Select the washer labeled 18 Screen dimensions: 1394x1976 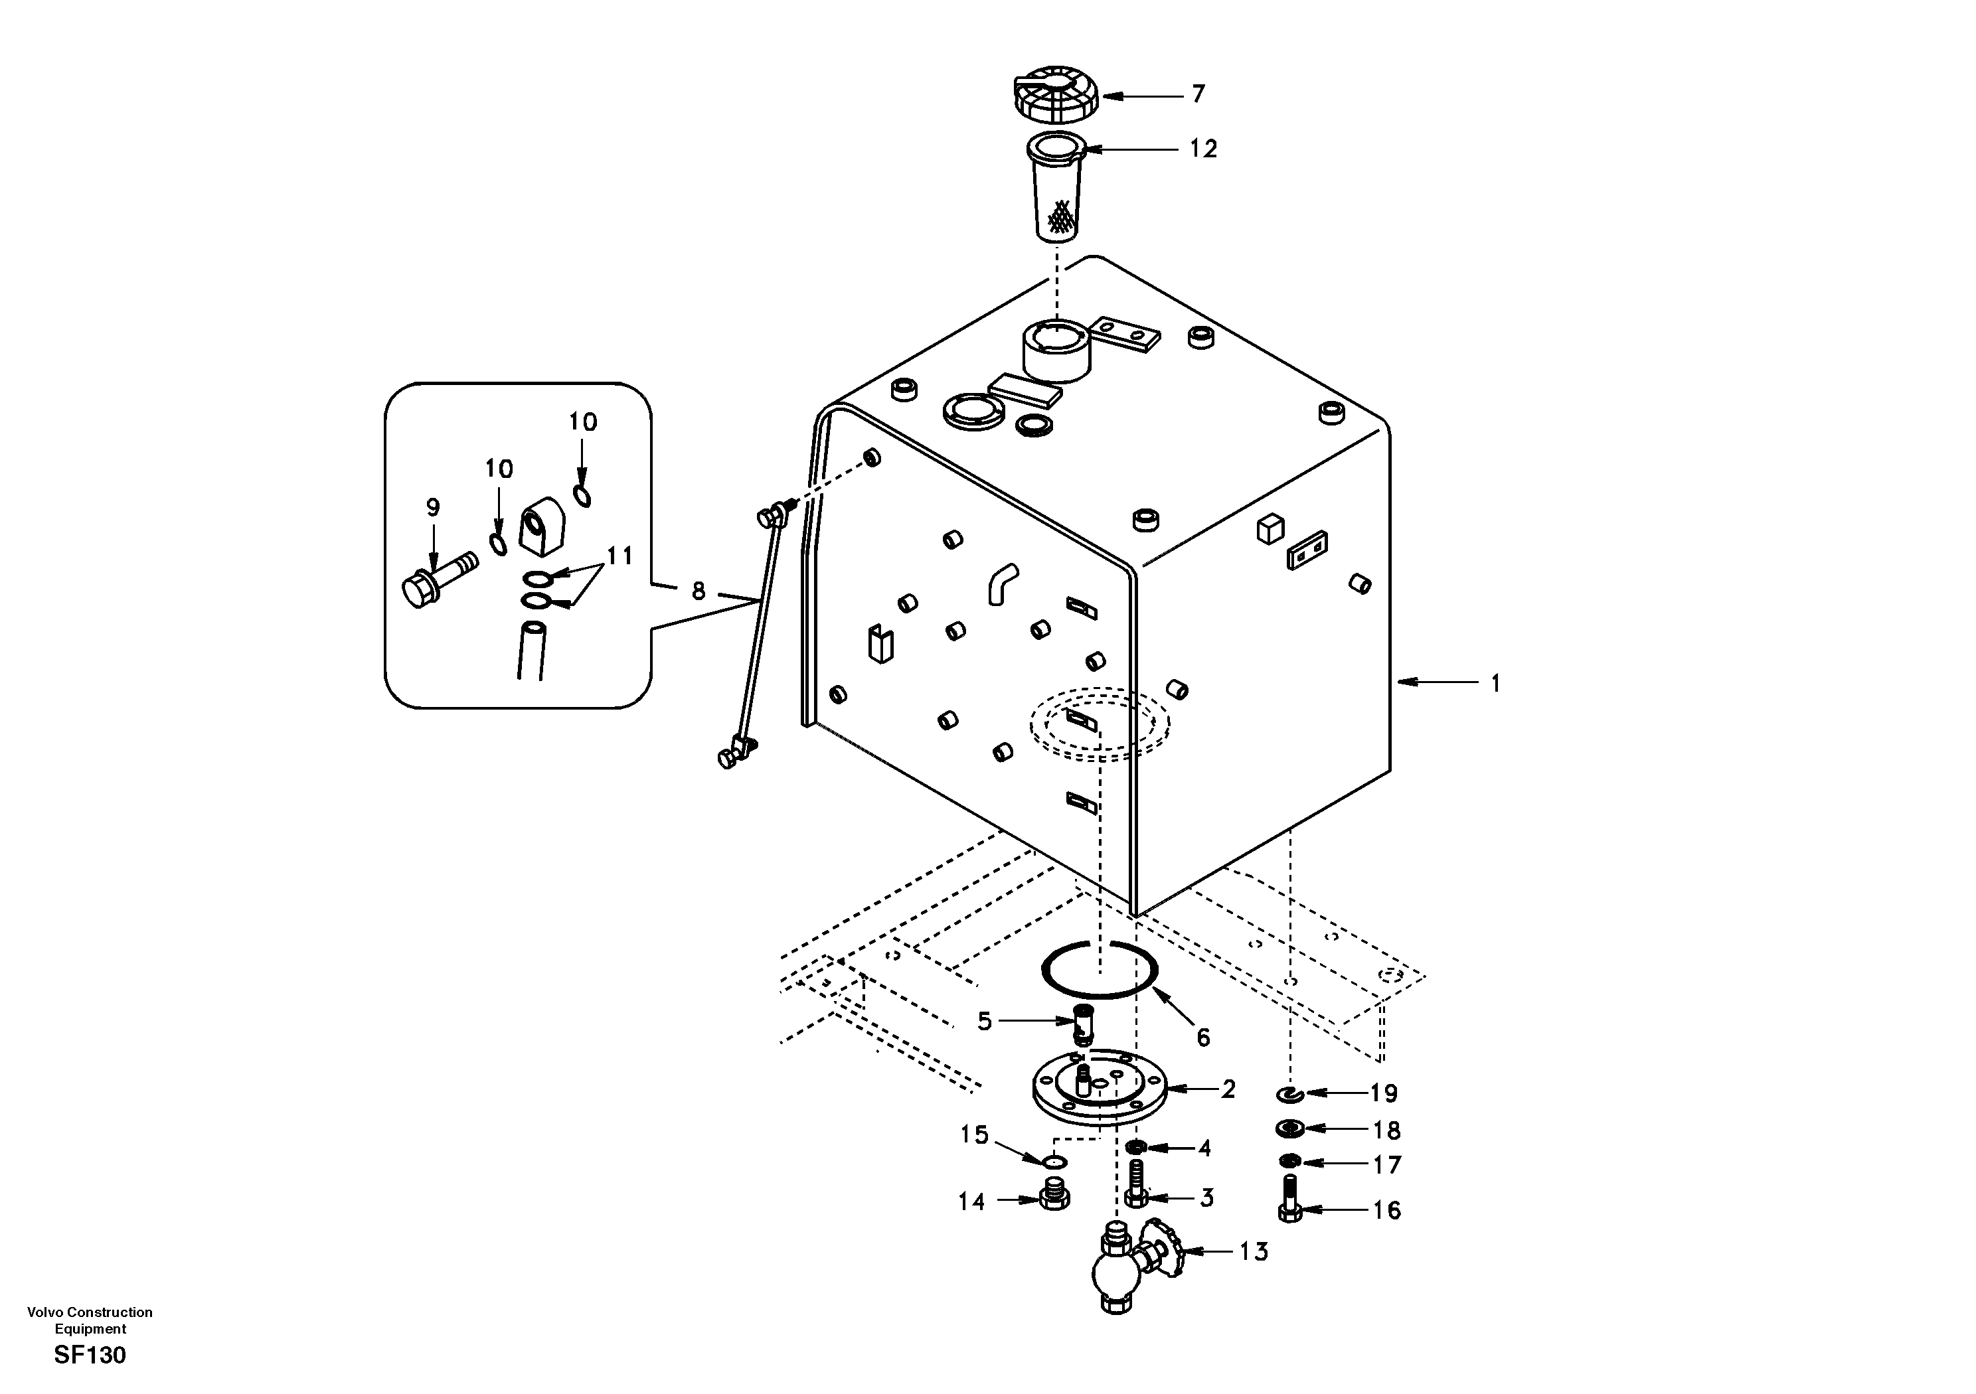point(1289,1128)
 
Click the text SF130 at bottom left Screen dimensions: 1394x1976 point(90,1356)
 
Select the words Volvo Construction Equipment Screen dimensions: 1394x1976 point(90,1320)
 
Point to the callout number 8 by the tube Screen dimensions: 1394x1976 point(698,591)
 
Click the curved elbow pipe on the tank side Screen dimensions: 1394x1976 point(1003,583)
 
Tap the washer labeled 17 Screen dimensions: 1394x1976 point(1289,1162)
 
